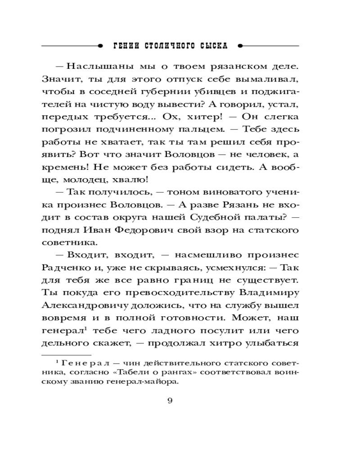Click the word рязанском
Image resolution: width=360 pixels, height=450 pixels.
(234, 67)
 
